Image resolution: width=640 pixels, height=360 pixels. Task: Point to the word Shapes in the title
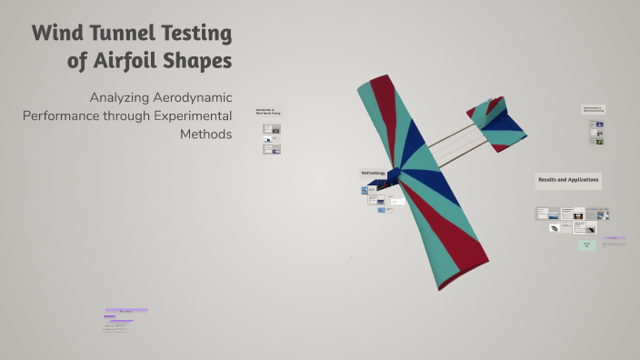pos(199,63)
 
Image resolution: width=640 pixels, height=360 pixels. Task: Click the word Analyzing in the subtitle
pos(124,97)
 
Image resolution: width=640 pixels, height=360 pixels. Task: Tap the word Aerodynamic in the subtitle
pos(196,97)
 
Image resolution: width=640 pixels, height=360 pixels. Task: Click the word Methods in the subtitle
pos(206,135)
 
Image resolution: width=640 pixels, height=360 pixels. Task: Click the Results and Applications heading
pos(568,180)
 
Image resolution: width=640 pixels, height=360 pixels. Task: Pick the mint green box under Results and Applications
pos(586,245)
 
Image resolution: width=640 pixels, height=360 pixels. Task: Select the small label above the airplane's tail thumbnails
pos(594,109)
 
